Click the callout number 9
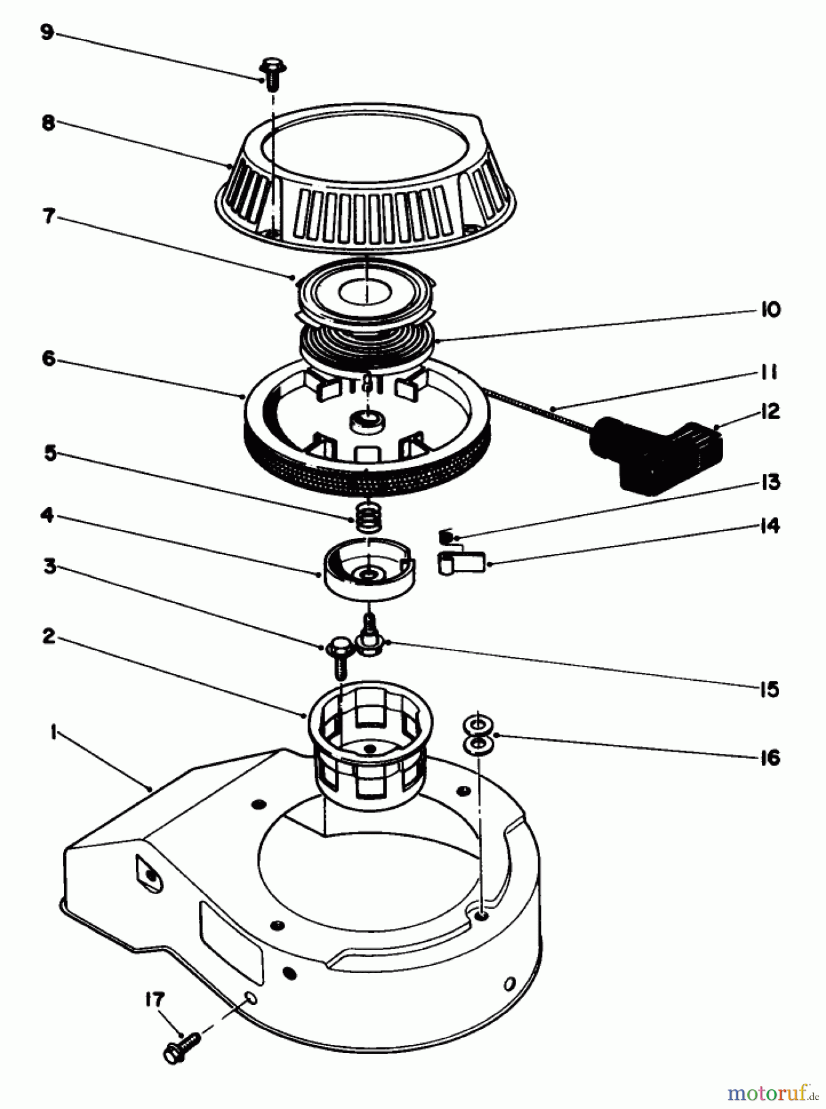click(47, 32)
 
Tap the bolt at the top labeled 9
click(269, 74)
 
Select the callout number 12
click(769, 412)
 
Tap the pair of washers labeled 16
click(478, 734)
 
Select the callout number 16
click(769, 757)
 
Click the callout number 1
click(54, 733)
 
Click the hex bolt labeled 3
click(338, 654)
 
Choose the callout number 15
click(769, 689)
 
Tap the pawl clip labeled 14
click(462, 563)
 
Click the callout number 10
click(769, 309)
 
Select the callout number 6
click(49, 359)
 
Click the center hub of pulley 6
click(367, 423)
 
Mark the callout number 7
click(49, 217)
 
